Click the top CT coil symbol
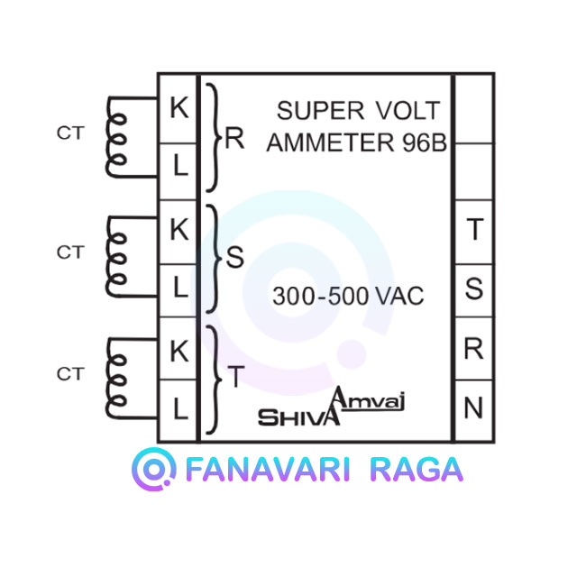coord(116,137)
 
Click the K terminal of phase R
coord(179,107)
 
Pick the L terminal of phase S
coord(180,287)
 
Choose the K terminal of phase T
coord(179,352)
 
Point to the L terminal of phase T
coord(180,408)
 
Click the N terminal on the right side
coord(473,407)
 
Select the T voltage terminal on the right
coord(474,229)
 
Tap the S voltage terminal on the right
coord(474,288)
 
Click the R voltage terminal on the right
coord(473,349)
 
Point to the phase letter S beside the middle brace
coord(234,257)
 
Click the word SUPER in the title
coord(320,111)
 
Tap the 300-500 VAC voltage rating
coord(348,296)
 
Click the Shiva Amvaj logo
coord(332,407)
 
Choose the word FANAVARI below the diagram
coord(268,470)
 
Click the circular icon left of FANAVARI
coord(154,469)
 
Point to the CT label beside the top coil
coord(70,133)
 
